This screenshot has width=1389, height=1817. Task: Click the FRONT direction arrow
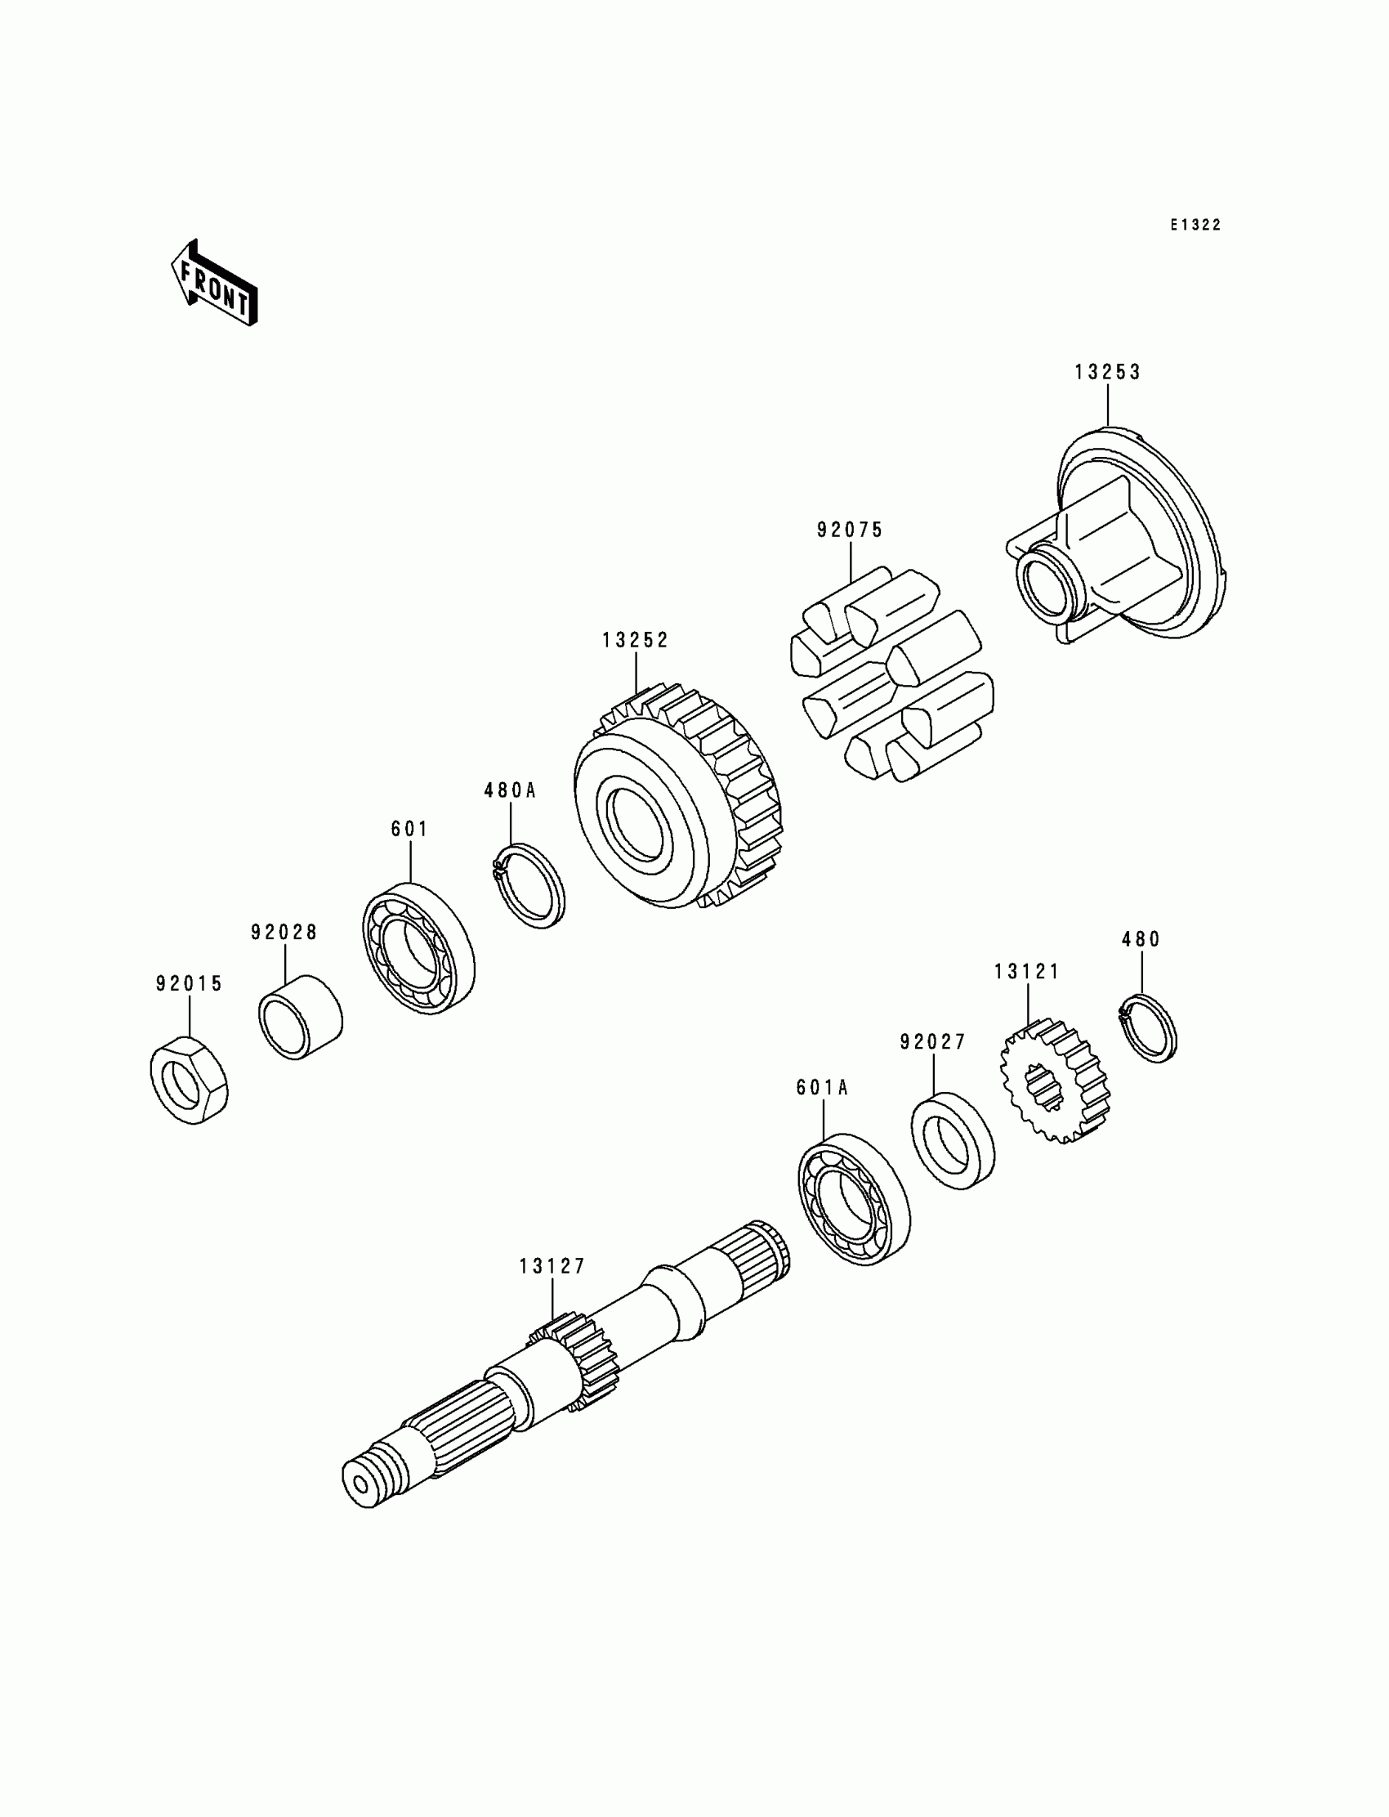214,284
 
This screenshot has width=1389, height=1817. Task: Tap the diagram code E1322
1195,225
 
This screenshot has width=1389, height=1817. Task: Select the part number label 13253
1107,372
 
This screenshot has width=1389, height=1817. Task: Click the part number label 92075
850,530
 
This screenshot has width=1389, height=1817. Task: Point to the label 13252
635,640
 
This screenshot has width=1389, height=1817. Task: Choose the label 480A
510,790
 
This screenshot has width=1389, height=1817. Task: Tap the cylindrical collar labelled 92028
300,1018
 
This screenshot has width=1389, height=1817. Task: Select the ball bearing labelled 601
418,949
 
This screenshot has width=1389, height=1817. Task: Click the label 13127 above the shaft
552,1266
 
